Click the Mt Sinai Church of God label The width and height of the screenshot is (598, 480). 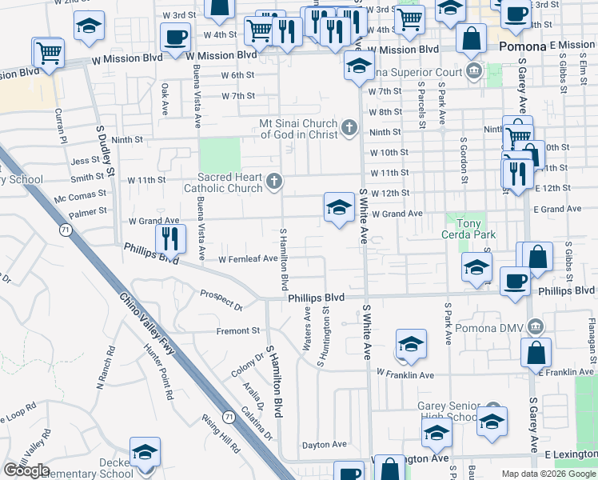point(297,129)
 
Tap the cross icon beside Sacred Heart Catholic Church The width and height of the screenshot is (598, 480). point(273,182)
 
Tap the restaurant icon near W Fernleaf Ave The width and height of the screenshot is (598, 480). point(170,238)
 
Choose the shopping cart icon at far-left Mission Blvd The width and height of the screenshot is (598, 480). point(48,54)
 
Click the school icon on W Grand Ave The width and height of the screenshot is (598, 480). point(339,208)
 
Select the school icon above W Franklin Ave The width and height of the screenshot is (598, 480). point(411,344)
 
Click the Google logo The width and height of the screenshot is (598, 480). point(26,470)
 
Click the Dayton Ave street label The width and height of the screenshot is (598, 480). point(324,444)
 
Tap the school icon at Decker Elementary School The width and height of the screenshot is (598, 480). point(145,452)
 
